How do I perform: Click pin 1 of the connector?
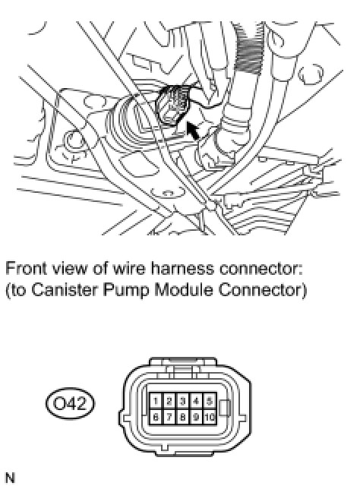pyautogui.click(x=156, y=401)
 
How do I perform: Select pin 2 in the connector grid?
pyautogui.click(x=169, y=401)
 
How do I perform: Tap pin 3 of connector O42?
pyautogui.click(x=182, y=401)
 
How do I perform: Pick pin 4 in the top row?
pyautogui.click(x=196, y=401)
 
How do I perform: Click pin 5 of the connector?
pyautogui.click(x=210, y=401)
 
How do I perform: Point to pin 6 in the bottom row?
pyautogui.click(x=156, y=417)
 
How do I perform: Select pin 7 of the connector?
pyautogui.click(x=169, y=417)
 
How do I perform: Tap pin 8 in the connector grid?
pyautogui.click(x=182, y=417)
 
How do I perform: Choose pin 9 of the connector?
pyautogui.click(x=196, y=417)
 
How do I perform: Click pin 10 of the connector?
pyautogui.click(x=210, y=417)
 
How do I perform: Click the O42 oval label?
pyautogui.click(x=70, y=403)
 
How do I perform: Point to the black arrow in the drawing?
pyautogui.click(x=193, y=131)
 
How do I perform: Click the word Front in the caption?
pyautogui.click(x=26, y=268)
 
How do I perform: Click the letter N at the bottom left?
pyautogui.click(x=10, y=478)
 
